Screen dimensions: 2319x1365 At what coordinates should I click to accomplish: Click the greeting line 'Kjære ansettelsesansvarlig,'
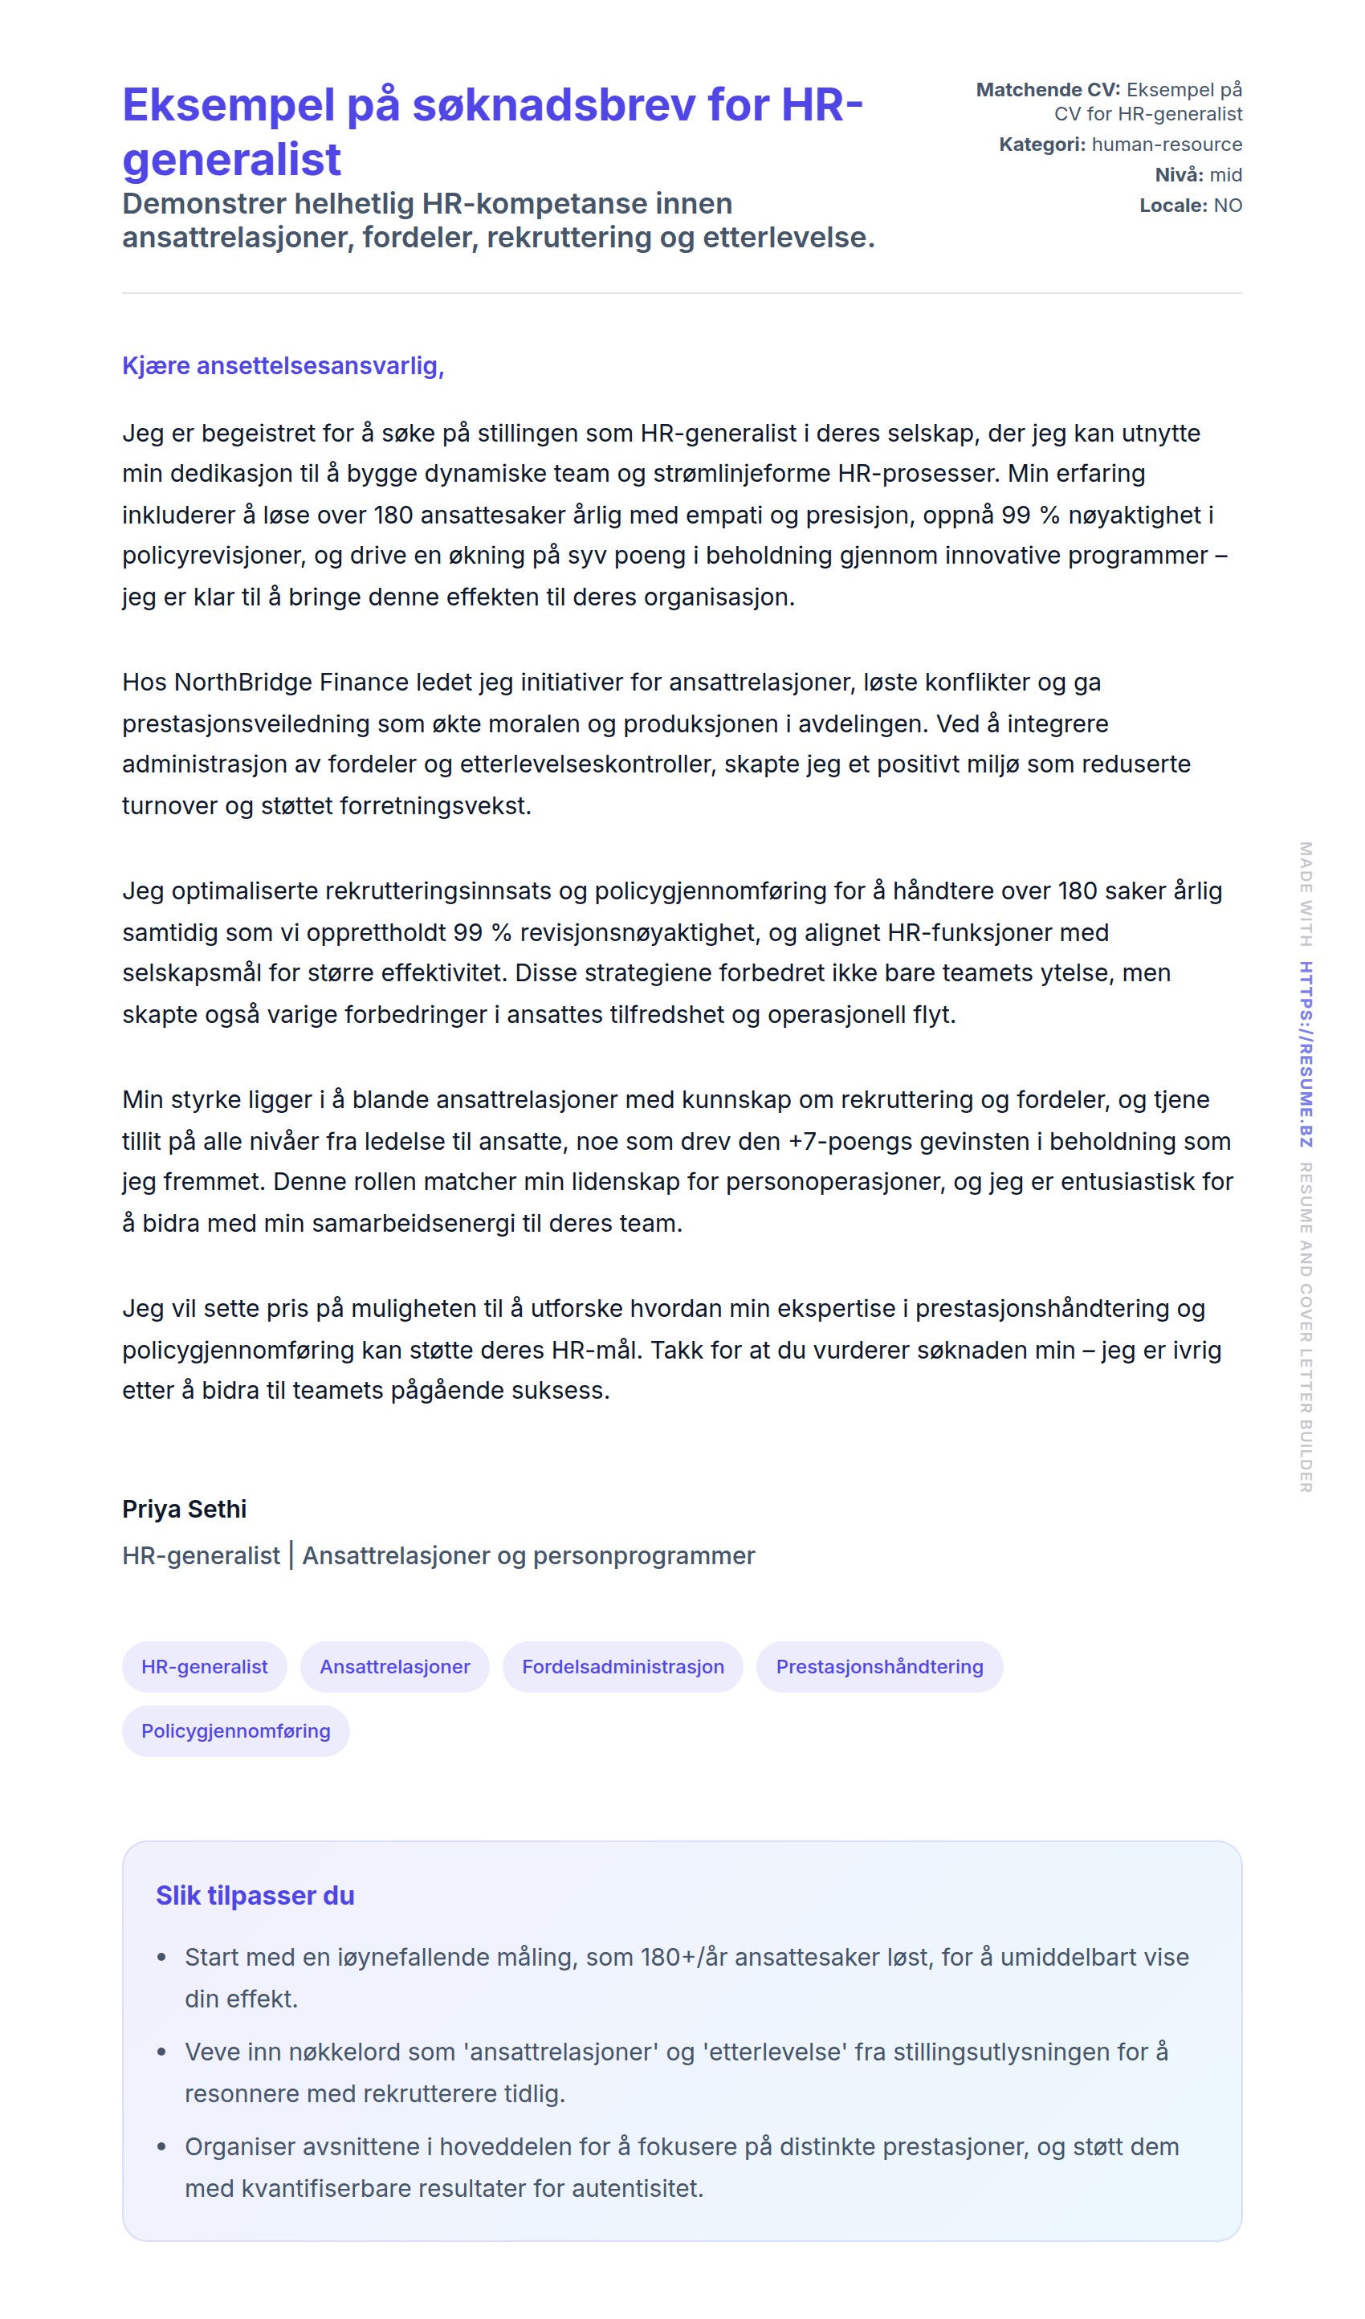[283, 365]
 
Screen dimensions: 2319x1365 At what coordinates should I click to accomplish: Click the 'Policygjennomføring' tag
[235, 1731]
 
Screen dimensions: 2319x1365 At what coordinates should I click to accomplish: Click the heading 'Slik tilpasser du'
[255, 1896]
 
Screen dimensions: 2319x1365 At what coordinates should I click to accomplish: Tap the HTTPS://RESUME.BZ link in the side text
[1305, 1054]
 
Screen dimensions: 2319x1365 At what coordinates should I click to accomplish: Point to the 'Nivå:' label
[1178, 175]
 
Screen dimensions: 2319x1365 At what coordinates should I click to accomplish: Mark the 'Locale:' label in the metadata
[1172, 206]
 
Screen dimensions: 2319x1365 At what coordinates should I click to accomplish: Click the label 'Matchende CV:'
[1048, 89]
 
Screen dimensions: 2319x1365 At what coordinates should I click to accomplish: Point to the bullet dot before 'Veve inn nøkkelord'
[162, 2053]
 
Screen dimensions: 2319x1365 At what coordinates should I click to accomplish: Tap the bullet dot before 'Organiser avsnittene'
[162, 2147]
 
